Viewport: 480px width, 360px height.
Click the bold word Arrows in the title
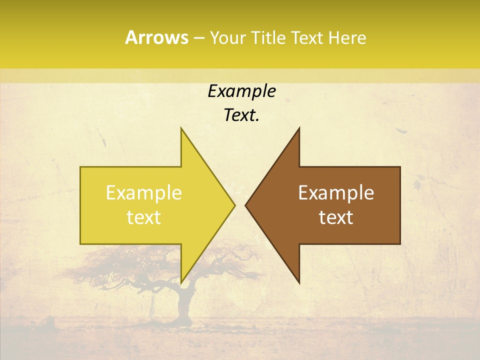coord(156,37)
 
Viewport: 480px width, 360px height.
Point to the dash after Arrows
coord(198,38)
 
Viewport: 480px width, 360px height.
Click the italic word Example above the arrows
coord(241,91)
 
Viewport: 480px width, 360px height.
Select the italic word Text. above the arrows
coord(241,115)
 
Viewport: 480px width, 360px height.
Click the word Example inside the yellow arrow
coord(144,192)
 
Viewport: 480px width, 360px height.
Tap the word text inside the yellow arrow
coord(144,217)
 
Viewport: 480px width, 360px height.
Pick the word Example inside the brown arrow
coord(336,192)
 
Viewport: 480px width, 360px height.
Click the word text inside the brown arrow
coord(336,217)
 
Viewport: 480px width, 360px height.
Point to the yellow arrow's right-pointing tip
coord(234,205)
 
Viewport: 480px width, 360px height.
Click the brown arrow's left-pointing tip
coord(246,205)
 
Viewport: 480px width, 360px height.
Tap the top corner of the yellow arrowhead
coord(181,129)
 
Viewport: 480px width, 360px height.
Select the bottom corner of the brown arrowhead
coord(299,281)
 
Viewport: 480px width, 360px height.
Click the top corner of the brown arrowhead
coord(299,129)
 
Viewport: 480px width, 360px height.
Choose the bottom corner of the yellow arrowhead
coord(181,281)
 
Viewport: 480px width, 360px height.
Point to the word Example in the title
coord(241,91)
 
